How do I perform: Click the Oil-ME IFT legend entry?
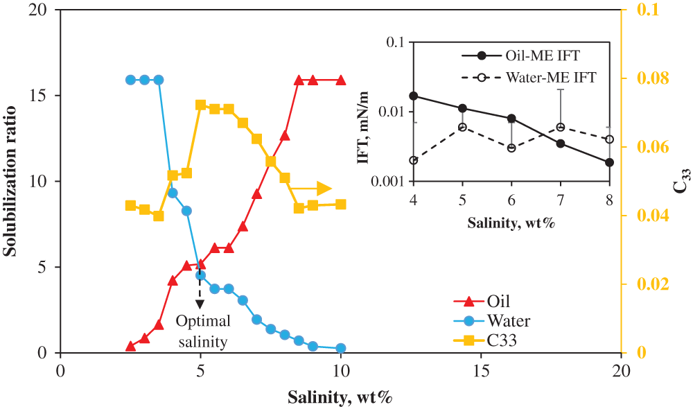click(x=535, y=55)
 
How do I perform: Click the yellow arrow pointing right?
click(x=312, y=188)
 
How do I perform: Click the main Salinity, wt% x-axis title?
click(x=340, y=397)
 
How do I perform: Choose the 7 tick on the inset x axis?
click(x=560, y=200)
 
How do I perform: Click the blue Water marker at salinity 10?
click(x=340, y=349)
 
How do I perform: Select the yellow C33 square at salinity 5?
click(x=201, y=105)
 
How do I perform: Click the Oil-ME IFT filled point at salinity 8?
click(x=609, y=162)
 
